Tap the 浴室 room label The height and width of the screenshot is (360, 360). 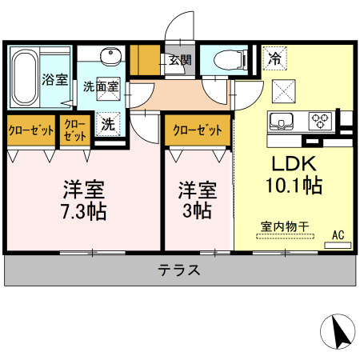pos(54,80)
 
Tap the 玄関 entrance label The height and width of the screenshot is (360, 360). pos(179,59)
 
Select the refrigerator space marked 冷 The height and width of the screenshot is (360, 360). pos(274,58)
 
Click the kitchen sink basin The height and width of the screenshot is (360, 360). pos(284,122)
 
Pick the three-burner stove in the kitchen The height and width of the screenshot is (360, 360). pos(322,122)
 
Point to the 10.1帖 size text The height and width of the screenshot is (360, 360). pos(294,186)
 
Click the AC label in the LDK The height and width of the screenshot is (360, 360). pos(338,235)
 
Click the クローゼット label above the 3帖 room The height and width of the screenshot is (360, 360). pos(197,128)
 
